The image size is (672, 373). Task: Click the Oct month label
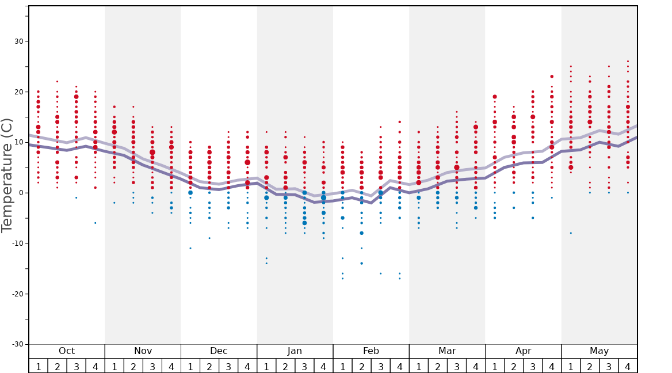(67, 351)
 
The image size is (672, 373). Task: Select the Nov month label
(143, 351)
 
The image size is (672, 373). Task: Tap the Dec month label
(219, 351)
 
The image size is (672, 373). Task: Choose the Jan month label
(295, 351)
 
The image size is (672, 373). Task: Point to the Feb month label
(371, 351)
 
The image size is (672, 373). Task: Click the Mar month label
(447, 351)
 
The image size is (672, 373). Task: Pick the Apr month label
(523, 351)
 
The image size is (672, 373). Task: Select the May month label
(599, 351)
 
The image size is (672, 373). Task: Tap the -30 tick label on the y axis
(18, 344)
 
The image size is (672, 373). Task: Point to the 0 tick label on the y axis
(21, 193)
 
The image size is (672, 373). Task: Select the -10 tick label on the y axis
(18, 243)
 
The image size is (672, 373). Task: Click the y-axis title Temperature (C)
(7, 175)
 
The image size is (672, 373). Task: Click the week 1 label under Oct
(39, 367)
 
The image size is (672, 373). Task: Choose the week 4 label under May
(628, 367)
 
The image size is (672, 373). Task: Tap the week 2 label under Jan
(285, 367)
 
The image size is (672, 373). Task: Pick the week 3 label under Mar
(457, 367)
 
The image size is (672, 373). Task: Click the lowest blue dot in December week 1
(190, 248)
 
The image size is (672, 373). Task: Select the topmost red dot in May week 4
(628, 61)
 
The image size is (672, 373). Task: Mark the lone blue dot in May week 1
(571, 233)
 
